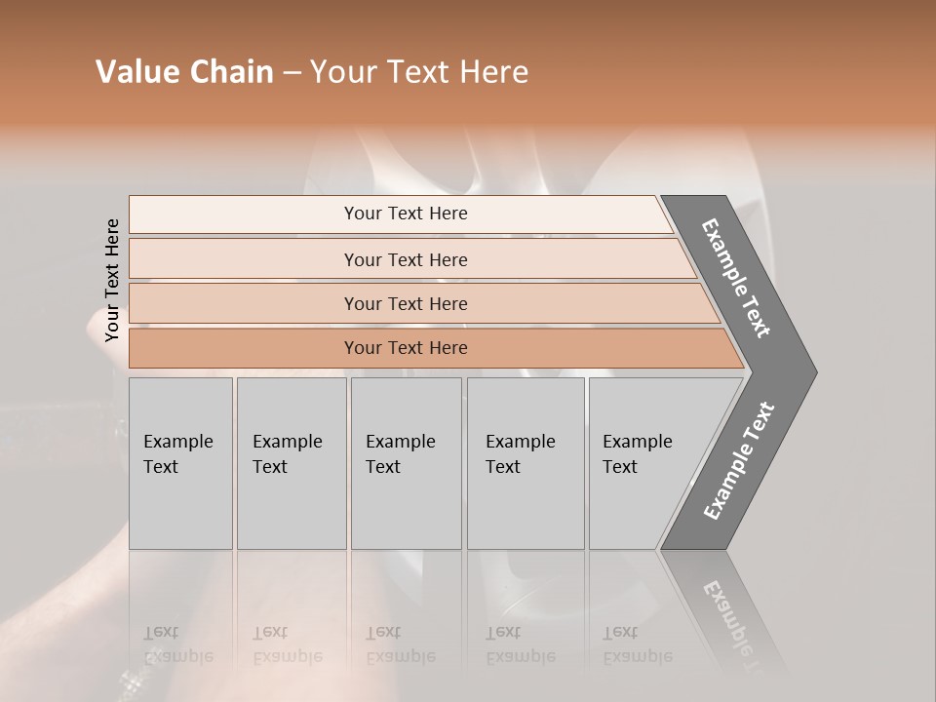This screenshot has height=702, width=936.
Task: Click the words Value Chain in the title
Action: (x=184, y=72)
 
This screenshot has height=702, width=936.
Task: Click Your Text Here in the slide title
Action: (x=419, y=72)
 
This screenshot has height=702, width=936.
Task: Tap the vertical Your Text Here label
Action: (x=112, y=281)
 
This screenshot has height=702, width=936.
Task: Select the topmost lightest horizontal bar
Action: (x=405, y=214)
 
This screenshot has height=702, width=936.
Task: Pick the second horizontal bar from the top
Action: (x=405, y=259)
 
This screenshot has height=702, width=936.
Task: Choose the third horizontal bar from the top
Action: (x=405, y=303)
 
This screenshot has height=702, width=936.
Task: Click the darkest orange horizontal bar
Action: (x=405, y=348)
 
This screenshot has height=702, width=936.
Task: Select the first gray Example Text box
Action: (x=180, y=463)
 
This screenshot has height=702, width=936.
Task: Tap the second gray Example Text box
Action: (x=291, y=463)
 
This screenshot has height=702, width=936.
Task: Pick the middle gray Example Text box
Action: (x=406, y=463)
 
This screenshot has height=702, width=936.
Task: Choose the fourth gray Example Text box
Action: (x=525, y=463)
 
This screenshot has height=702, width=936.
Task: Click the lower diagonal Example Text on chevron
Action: (x=738, y=461)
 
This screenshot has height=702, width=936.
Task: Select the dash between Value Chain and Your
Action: (x=292, y=73)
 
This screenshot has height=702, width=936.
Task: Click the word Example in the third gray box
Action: (x=400, y=442)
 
